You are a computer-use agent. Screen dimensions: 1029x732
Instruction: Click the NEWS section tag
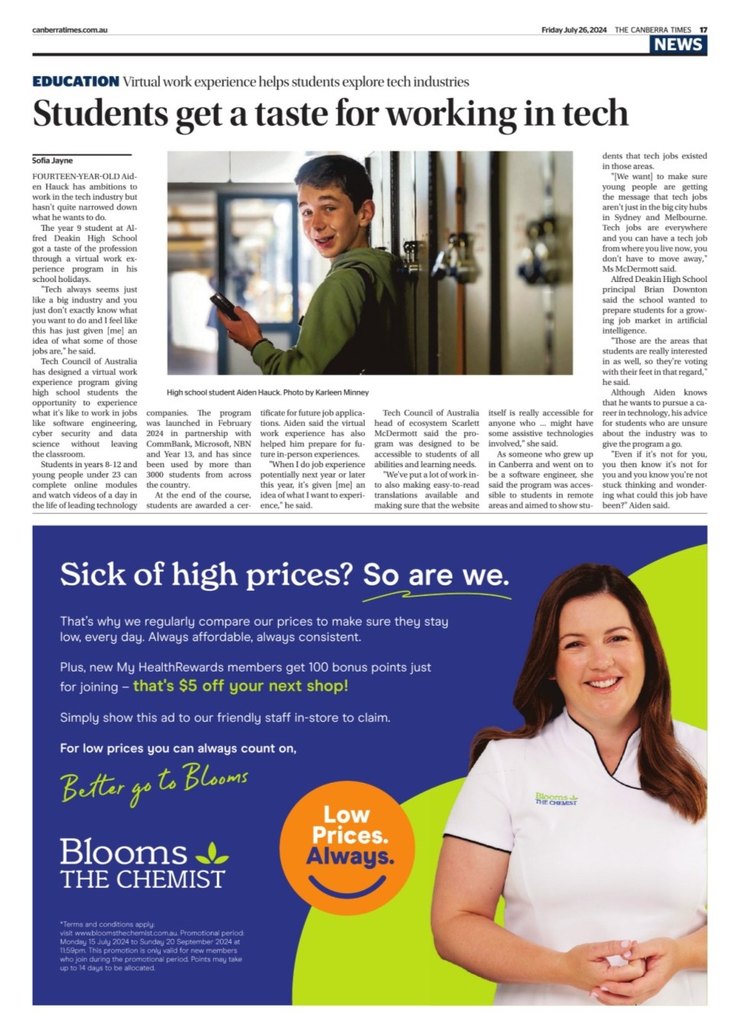(678, 44)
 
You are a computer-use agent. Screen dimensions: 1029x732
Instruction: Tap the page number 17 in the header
(703, 30)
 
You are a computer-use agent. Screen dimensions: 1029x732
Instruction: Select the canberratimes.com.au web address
(69, 30)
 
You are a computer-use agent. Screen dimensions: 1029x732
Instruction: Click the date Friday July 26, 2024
(574, 30)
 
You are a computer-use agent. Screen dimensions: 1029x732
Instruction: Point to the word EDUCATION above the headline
(75, 82)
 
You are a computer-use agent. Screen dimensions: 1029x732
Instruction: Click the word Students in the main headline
(100, 114)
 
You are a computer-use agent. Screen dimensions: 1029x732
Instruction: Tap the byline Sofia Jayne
(52, 161)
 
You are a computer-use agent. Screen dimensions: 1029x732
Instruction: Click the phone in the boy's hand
(225, 306)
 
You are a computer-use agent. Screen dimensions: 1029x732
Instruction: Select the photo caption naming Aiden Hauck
(267, 393)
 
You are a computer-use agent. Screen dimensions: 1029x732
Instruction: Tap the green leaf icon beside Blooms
(211, 851)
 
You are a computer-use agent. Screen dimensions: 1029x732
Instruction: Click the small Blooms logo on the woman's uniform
(556, 799)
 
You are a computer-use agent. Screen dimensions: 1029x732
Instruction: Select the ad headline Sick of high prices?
(206, 575)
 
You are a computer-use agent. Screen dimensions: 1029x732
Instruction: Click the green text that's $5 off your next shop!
(241, 686)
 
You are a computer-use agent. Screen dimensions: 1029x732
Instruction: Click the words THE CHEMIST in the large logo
(142, 879)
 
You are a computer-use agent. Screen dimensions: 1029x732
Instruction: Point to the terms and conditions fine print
(151, 946)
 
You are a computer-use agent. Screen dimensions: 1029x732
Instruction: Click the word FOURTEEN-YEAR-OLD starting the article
(64, 176)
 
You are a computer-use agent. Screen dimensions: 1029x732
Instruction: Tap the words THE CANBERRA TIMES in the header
(653, 30)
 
